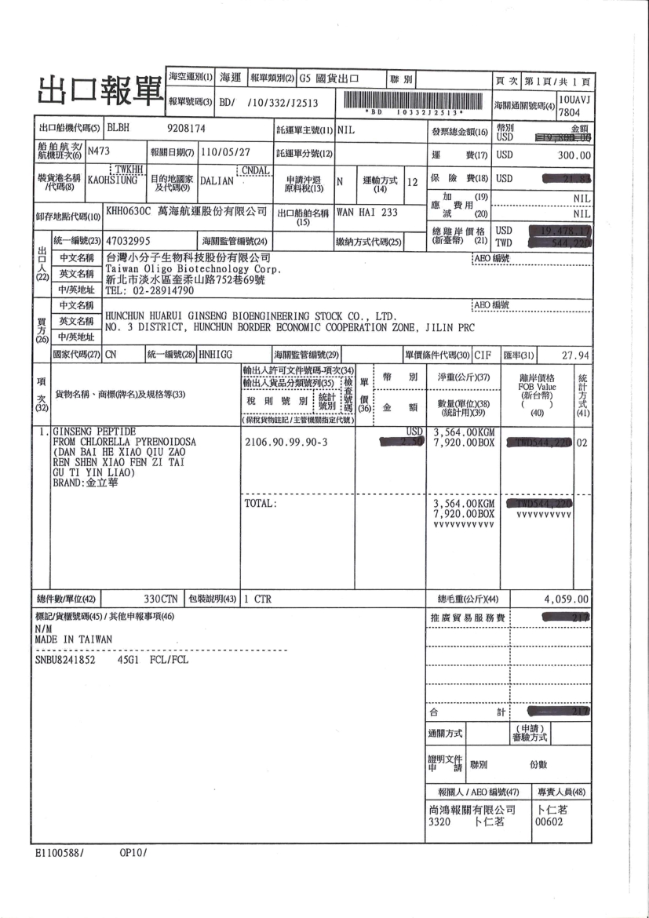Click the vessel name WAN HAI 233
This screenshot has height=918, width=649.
pos(366,212)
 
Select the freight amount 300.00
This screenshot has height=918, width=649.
pos(574,155)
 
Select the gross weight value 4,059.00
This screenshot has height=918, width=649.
pos(566,599)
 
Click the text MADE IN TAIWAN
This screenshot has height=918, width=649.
pos(74,639)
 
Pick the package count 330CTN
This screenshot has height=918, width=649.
pos(162,599)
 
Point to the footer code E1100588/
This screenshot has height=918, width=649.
pos(60,852)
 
